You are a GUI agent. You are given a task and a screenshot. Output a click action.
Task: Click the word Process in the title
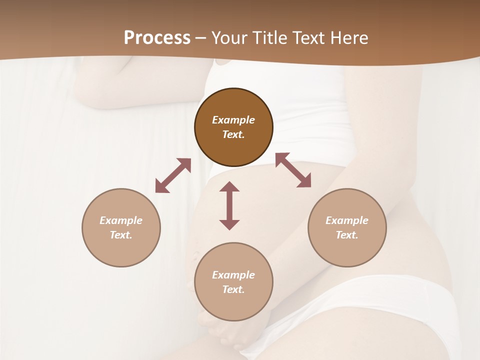coord(157,38)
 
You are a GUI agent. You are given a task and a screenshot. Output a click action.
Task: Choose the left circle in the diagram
coord(121,227)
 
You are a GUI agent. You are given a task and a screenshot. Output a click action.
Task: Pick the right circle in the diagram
coord(347,227)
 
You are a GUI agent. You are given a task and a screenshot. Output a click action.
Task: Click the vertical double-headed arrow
coord(229,205)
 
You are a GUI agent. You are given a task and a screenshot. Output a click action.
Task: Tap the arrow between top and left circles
coord(173,175)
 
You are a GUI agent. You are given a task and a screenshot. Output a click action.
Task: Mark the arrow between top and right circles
coord(293,170)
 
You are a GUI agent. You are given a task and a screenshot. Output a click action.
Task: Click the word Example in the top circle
coord(233,120)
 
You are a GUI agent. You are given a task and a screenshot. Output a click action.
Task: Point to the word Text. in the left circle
coord(121,235)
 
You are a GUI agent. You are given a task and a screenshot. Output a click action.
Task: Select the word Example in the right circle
coord(347,220)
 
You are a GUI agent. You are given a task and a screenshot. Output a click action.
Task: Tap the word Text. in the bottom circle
coord(233,289)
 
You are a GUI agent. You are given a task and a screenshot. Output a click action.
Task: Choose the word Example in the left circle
coord(121,220)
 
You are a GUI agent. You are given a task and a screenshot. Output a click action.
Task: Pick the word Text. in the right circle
coord(347,235)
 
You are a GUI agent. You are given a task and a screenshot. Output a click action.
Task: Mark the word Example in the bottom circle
coord(233,275)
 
